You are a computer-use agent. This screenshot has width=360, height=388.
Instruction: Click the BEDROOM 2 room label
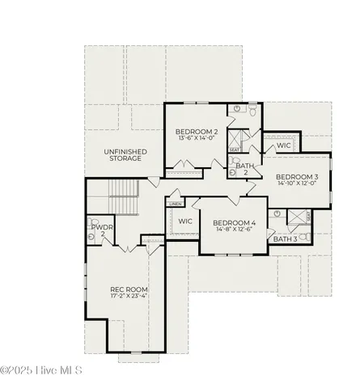pos(194,129)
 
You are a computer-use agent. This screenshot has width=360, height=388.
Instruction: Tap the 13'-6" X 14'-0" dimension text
pos(194,137)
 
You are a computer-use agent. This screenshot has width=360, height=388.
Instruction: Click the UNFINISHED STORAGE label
pos(123,154)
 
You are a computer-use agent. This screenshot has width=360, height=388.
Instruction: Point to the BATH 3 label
pos(285,239)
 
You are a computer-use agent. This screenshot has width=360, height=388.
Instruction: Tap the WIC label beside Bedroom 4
pos(184,221)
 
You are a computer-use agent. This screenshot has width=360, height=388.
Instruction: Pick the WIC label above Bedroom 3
pos(283,145)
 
